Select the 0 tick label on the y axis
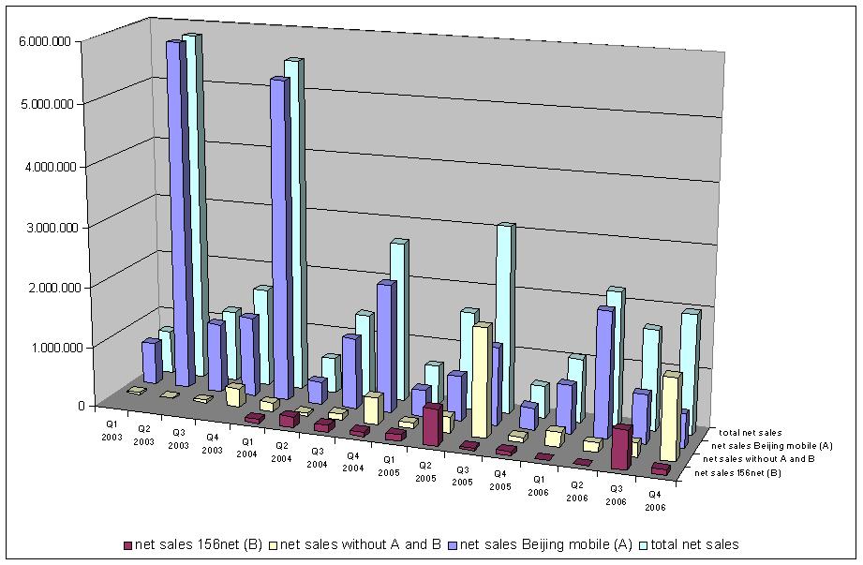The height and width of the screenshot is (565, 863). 81,407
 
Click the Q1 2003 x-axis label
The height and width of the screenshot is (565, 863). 112,430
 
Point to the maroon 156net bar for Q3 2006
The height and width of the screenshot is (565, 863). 620,448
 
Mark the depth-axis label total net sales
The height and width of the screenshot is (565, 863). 750,432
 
